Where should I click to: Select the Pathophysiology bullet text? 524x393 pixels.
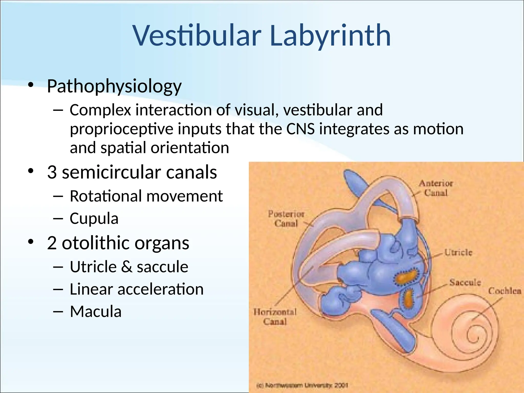pos(114,86)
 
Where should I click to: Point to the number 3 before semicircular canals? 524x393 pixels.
pos(52,172)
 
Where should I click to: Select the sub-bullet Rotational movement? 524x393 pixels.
pos(146,196)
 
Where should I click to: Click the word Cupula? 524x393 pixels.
pos(94,219)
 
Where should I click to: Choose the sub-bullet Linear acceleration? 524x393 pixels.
pos(137,289)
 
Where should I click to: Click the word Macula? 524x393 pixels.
pos(96,312)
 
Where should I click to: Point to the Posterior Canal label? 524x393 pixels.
pos(286,219)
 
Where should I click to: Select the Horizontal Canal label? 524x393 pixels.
pos(275,317)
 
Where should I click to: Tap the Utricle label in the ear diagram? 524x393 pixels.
pos(458,253)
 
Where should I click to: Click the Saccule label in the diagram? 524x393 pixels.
pos(465,282)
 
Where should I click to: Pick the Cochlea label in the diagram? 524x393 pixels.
pos(504,291)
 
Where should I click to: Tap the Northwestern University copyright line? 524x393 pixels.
pos(302,385)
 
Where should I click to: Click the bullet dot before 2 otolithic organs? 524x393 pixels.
pos(31,242)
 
